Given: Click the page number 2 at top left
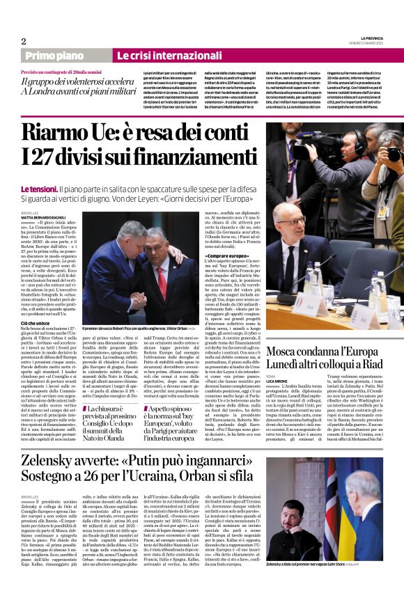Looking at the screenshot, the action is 24,41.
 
